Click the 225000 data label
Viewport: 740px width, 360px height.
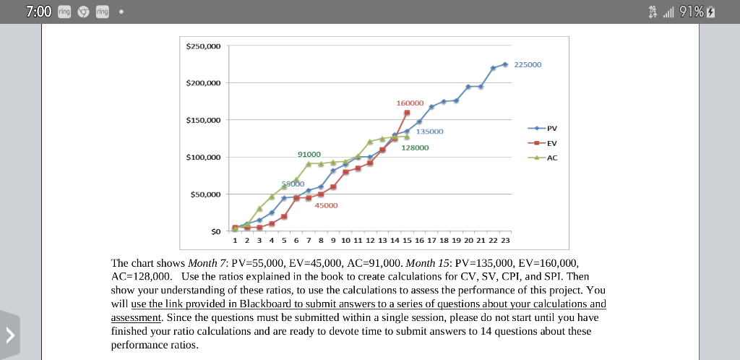point(527,64)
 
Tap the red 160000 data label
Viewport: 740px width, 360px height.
point(410,103)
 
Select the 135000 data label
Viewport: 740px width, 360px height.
point(429,132)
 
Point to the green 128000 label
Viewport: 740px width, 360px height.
point(415,147)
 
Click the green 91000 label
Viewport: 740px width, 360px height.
point(309,154)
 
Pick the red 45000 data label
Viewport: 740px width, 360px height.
point(326,205)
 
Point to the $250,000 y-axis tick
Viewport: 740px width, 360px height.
point(203,46)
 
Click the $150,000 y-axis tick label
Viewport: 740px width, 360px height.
point(203,120)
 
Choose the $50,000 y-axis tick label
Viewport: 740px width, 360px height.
point(205,194)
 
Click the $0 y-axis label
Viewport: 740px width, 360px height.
point(215,231)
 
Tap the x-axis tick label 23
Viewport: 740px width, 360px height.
point(505,239)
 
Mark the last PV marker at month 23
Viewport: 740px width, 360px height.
point(504,64)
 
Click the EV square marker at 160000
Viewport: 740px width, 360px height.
point(407,113)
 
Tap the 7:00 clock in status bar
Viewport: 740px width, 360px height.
point(38,12)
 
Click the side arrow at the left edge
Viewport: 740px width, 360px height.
point(10,335)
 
